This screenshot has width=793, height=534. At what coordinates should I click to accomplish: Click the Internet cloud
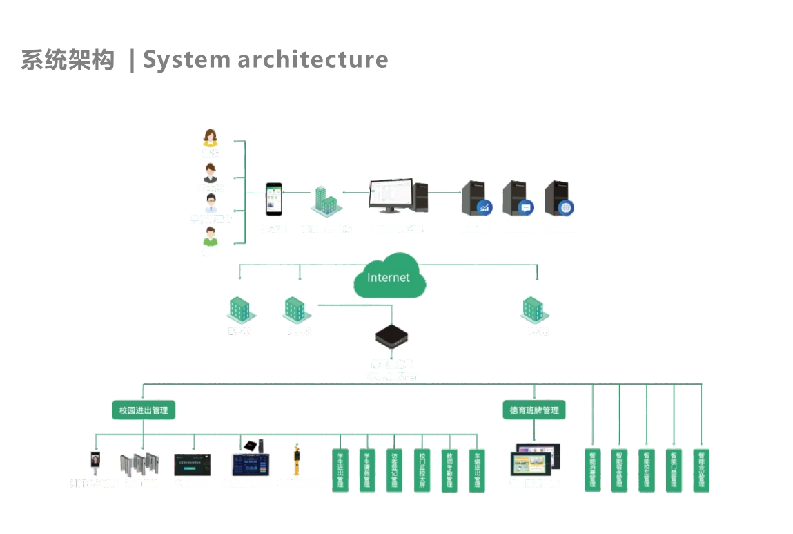389,276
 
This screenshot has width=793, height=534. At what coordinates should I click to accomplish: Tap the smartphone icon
274,199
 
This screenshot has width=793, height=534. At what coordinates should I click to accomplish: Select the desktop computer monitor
391,196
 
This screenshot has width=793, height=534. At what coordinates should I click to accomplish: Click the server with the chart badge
476,198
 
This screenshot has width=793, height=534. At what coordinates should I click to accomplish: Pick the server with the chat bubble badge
518,198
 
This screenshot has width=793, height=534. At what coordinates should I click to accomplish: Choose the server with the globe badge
559,198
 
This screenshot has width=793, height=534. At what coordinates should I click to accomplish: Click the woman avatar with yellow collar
211,138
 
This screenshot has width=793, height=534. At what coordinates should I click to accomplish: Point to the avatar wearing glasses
211,204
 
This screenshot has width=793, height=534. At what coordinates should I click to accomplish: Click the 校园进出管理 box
144,410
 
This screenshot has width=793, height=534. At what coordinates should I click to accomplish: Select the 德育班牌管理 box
534,410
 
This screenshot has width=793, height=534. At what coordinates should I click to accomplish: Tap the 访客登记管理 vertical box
394,470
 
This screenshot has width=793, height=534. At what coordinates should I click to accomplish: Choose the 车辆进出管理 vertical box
476,470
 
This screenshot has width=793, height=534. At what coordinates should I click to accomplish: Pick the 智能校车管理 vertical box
646,470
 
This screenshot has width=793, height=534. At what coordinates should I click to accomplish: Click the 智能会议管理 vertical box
701,470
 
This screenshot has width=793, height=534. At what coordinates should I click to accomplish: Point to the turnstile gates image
139,464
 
